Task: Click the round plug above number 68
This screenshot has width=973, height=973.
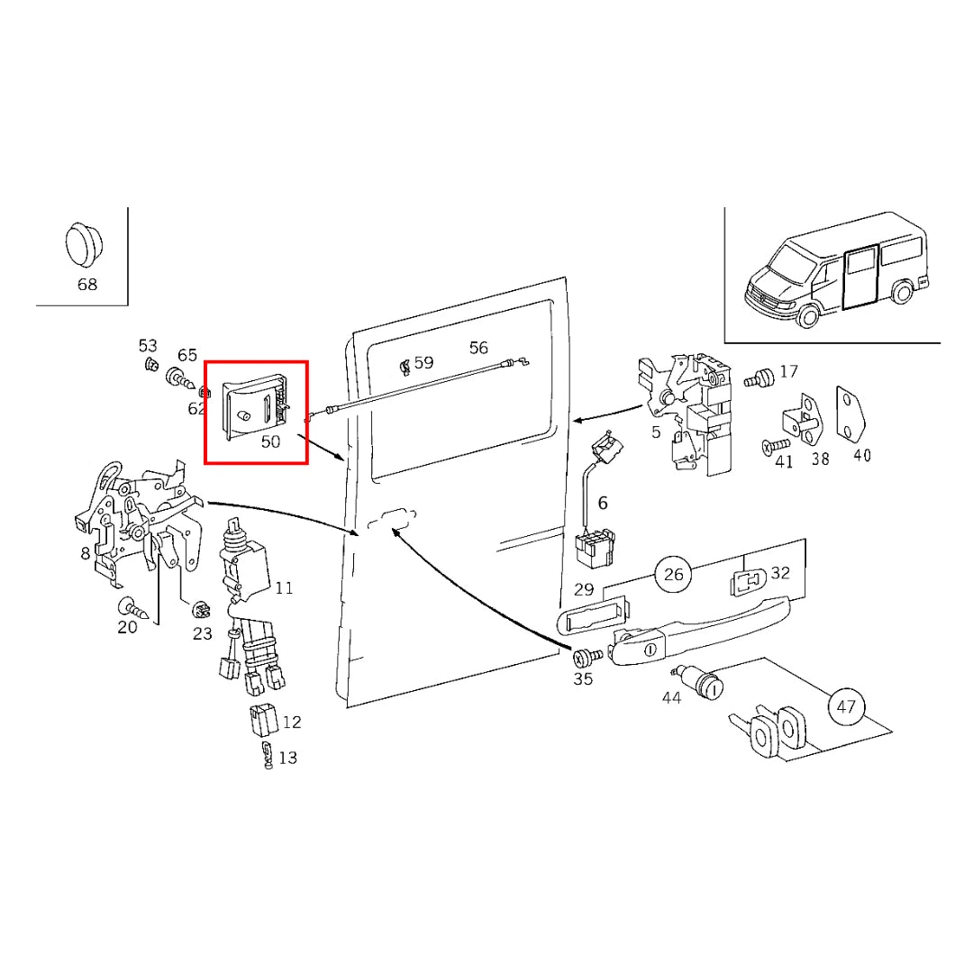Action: [83, 244]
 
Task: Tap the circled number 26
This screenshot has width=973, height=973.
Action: [674, 573]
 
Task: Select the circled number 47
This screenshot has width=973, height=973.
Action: [845, 706]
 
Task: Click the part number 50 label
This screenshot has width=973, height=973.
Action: [270, 442]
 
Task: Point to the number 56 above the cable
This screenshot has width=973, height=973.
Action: [478, 349]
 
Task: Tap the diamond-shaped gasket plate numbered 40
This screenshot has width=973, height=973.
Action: [851, 416]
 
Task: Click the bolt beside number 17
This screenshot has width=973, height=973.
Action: [761, 377]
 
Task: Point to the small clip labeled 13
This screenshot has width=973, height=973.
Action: [267, 756]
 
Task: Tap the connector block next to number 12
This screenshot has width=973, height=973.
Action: [262, 722]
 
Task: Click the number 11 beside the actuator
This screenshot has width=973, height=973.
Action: [284, 588]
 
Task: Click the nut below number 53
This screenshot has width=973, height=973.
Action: [150, 366]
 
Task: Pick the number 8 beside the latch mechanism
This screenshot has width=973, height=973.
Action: [86, 552]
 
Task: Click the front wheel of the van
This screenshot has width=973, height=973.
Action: [808, 315]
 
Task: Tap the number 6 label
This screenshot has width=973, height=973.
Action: [603, 503]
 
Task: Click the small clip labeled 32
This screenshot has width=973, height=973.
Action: [747, 582]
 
